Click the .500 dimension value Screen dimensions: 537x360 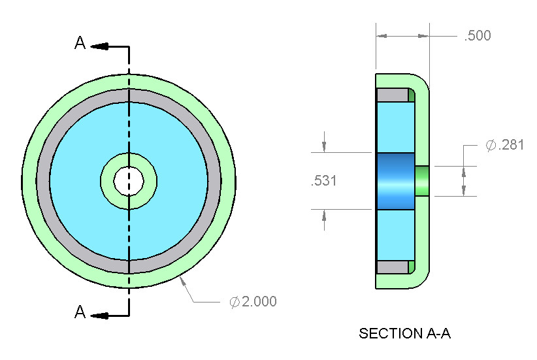tap(478, 36)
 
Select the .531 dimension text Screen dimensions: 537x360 tap(324, 180)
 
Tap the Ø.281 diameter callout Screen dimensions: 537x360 tap(504, 145)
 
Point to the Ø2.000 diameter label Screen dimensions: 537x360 tap(253, 301)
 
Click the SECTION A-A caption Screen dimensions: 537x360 tap(404, 333)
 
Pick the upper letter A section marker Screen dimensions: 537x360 tap(80, 43)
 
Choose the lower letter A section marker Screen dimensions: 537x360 tap(80, 312)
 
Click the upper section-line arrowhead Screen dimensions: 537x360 tap(100, 46)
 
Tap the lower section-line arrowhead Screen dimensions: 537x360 tap(100, 316)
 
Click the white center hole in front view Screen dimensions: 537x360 tap(129, 181)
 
